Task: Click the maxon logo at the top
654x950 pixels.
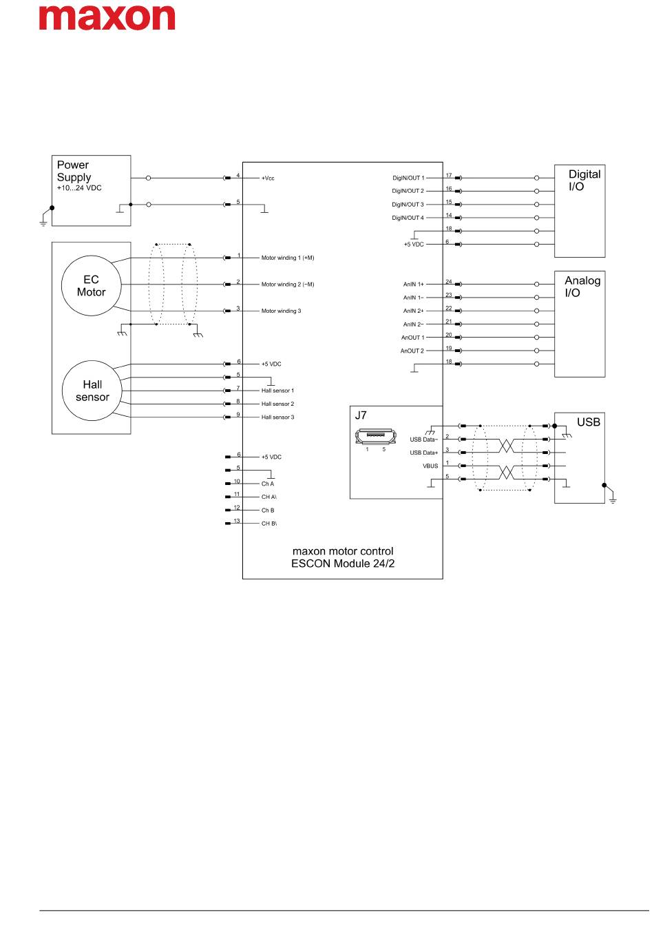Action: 107,17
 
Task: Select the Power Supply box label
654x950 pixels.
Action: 74,171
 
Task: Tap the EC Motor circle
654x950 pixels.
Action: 91,285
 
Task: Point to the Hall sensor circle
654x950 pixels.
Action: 92,391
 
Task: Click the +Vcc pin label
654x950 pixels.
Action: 268,178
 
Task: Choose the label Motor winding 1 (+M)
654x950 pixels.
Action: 287,258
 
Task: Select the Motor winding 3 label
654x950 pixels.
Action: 281,311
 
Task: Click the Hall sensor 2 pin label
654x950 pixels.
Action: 277,404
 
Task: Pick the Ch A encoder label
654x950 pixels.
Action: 267,484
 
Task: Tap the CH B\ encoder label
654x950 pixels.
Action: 268,524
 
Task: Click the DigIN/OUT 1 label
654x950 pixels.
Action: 408,178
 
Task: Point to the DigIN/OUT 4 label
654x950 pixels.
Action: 408,218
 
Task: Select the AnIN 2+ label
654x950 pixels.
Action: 413,311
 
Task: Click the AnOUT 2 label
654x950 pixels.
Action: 412,351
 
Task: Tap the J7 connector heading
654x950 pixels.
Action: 361,415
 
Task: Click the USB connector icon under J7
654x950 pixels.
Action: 375,437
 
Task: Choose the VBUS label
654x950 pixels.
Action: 430,466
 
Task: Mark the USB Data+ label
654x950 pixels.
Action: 423,453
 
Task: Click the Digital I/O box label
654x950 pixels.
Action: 584,180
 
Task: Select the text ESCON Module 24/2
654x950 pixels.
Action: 343,564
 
